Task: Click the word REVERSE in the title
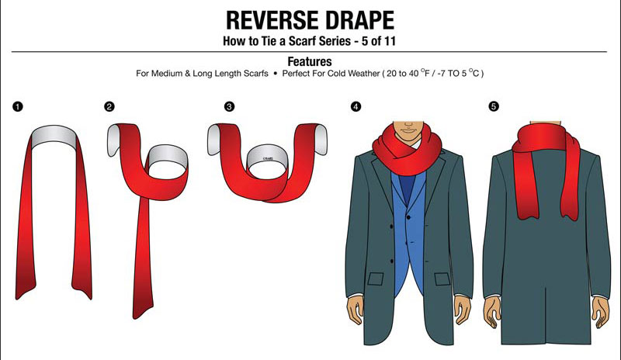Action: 268,20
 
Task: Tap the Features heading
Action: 310,61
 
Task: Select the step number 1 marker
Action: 18,106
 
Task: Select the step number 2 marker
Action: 109,106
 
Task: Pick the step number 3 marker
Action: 229,106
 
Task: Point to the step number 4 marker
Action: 356,106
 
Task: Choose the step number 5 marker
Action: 494,106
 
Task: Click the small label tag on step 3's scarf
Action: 268,159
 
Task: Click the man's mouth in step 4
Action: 408,130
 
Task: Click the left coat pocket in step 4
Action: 376,279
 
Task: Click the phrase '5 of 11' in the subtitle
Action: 379,41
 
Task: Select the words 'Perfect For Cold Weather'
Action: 331,74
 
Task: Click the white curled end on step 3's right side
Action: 320,139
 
